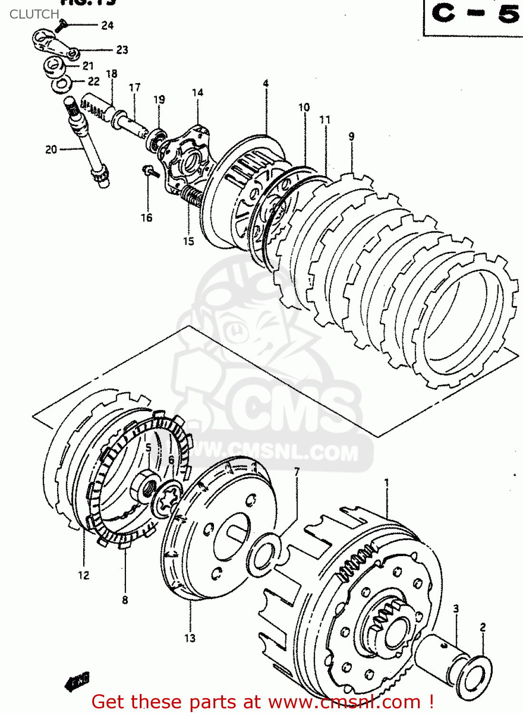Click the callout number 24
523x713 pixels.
tap(107, 26)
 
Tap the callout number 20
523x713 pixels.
tap(51, 150)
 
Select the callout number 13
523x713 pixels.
tap(190, 638)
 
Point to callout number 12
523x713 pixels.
tap(84, 576)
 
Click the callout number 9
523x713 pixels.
tap(351, 136)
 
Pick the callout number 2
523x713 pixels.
tap(483, 627)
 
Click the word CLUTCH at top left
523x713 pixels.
tap(34, 14)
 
